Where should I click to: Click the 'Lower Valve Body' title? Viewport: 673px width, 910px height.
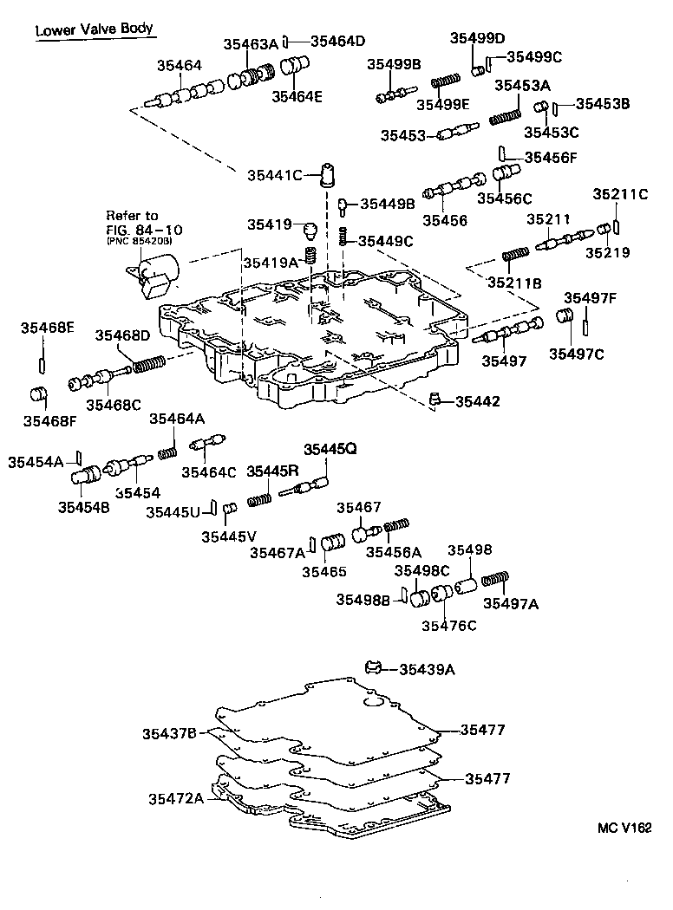(x=94, y=29)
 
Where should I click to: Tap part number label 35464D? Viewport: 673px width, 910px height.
(x=338, y=41)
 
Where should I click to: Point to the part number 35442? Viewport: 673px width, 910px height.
(x=476, y=401)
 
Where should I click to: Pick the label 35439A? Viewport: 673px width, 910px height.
(x=427, y=669)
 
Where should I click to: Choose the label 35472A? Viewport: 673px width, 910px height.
(x=175, y=798)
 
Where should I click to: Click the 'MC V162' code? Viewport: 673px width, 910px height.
(x=624, y=829)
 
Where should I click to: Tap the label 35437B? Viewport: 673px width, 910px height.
(x=170, y=734)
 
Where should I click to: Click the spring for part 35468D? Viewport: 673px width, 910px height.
(x=147, y=364)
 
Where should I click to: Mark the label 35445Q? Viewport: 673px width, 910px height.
(x=330, y=448)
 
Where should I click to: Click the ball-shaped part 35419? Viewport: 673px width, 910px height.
(x=307, y=229)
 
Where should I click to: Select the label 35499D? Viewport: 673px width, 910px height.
(x=477, y=37)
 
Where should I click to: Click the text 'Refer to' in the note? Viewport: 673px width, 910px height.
(x=132, y=216)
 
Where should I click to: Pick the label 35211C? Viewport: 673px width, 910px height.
(x=620, y=193)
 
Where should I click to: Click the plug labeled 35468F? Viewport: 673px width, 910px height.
(x=38, y=395)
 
